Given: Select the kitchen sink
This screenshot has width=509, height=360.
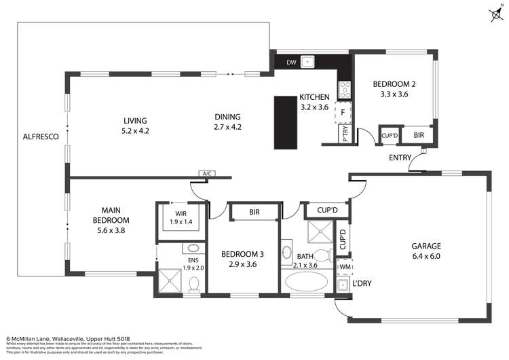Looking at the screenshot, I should (309, 62).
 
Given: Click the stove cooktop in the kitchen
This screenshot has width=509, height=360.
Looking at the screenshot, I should (344, 88).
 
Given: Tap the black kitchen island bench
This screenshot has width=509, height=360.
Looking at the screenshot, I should (286, 123).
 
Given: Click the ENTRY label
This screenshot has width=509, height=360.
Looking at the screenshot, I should (401, 158).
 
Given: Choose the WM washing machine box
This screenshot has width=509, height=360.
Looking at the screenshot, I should (345, 267).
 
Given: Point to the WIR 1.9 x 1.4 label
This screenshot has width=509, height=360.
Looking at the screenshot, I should (180, 217).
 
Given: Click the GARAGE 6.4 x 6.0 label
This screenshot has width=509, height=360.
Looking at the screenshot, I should (426, 251).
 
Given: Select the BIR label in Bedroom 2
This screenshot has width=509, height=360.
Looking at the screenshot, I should (418, 134).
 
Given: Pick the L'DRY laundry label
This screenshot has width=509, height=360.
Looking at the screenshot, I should (361, 283).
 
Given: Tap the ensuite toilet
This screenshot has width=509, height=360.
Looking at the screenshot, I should (193, 282).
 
